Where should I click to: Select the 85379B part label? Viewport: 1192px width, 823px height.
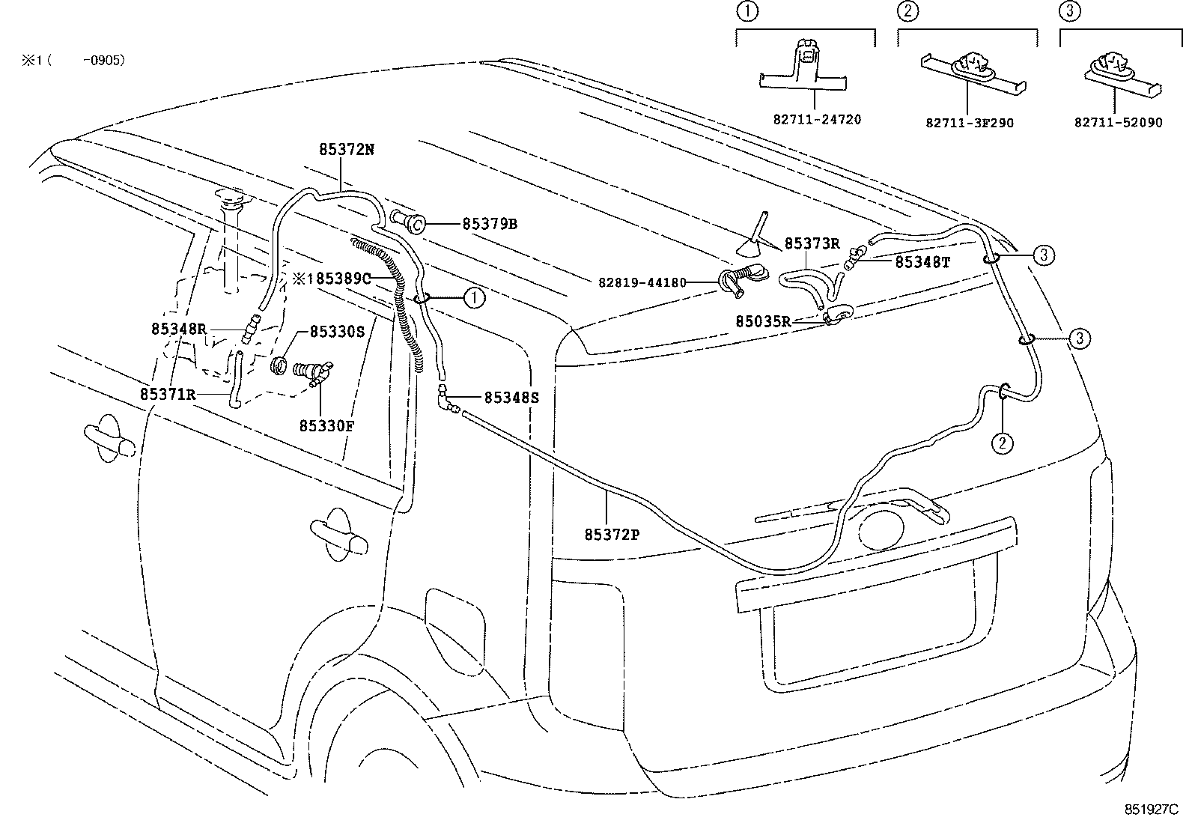(x=490, y=223)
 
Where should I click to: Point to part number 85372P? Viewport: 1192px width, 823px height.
(x=611, y=534)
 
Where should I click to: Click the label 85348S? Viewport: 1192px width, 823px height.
(x=511, y=398)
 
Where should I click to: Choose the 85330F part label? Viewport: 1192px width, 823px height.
(x=326, y=426)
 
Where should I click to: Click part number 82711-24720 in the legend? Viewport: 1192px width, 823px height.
(x=817, y=120)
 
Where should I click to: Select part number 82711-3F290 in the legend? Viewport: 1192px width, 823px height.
(x=970, y=122)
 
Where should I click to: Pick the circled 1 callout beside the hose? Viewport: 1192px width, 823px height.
(x=474, y=298)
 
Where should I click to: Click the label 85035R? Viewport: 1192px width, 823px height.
(x=763, y=321)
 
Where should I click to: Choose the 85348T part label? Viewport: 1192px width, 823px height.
(x=922, y=261)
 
